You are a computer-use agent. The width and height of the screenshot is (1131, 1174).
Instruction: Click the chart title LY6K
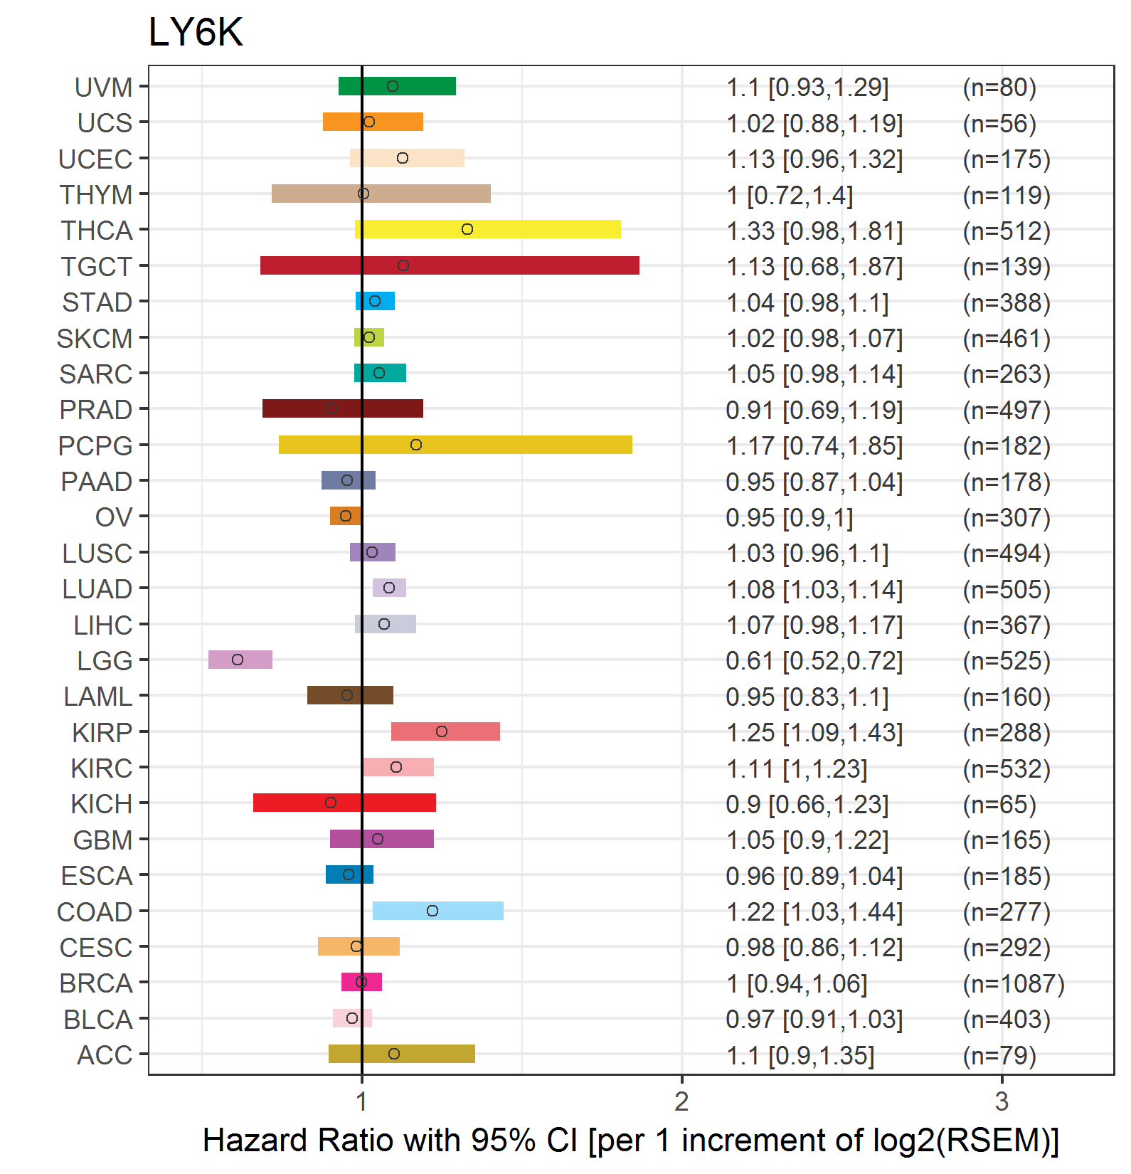click(x=196, y=32)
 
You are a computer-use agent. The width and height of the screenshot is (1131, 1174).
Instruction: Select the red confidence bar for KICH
click(x=344, y=803)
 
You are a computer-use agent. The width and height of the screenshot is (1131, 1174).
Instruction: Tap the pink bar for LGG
click(x=240, y=660)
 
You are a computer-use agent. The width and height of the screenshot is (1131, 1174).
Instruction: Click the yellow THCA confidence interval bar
click(x=488, y=229)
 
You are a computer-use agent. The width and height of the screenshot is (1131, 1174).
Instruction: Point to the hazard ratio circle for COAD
click(x=432, y=911)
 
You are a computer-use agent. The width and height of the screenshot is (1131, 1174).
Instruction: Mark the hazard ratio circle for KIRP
click(x=442, y=731)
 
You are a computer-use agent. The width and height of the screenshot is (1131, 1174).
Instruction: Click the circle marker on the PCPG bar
click(x=416, y=445)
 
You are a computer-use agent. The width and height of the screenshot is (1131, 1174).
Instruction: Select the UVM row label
click(x=104, y=88)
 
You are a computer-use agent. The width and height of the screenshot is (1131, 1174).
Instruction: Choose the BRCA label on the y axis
click(x=96, y=983)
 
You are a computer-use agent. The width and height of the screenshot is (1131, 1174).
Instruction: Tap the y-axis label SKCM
click(x=95, y=339)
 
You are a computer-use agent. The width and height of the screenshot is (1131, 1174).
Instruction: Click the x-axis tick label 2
click(x=682, y=1101)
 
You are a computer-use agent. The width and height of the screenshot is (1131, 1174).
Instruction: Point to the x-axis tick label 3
click(x=1002, y=1101)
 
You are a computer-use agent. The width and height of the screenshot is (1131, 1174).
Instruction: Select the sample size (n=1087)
click(x=1014, y=983)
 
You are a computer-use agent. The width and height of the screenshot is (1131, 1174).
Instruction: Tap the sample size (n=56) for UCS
click(x=999, y=124)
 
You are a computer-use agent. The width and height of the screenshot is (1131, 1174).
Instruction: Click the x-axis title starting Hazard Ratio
click(x=631, y=1141)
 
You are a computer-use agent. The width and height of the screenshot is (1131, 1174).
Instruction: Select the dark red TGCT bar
click(x=450, y=265)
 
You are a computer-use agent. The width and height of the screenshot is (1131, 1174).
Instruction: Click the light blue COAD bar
click(x=438, y=911)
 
